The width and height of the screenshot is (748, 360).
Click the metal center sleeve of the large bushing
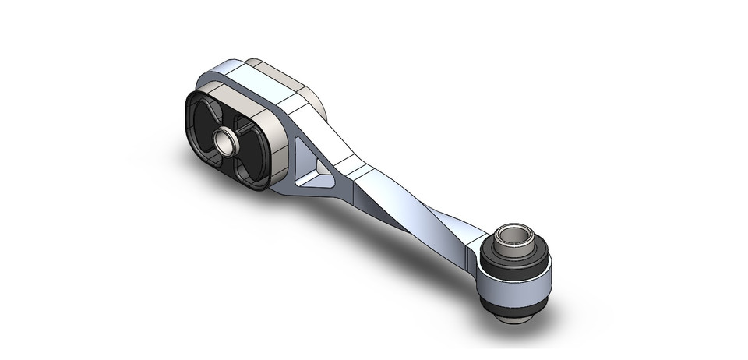(226, 143)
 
